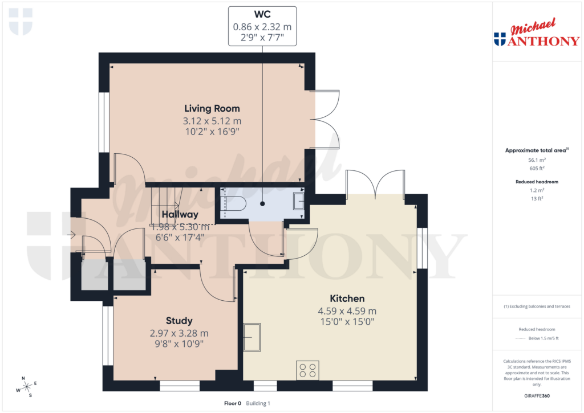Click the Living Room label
212,108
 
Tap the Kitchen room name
347,298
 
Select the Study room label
179,321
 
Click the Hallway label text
179,215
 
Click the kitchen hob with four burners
307,370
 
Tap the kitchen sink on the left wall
252,337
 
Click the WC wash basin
299,202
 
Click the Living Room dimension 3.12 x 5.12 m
212,121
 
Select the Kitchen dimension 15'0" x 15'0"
347,321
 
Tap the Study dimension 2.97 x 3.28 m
179,333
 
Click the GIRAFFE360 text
537,396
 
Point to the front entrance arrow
72,234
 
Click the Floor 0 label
233,403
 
